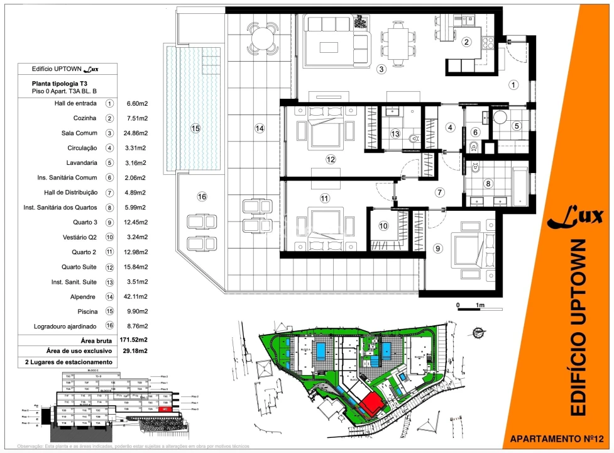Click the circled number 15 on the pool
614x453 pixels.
(195, 128)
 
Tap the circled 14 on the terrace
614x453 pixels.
(260, 128)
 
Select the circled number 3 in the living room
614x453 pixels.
(381, 70)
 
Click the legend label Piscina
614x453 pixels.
(85, 311)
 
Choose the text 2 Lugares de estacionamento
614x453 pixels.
(69, 362)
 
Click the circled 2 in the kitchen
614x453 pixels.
(466, 43)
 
